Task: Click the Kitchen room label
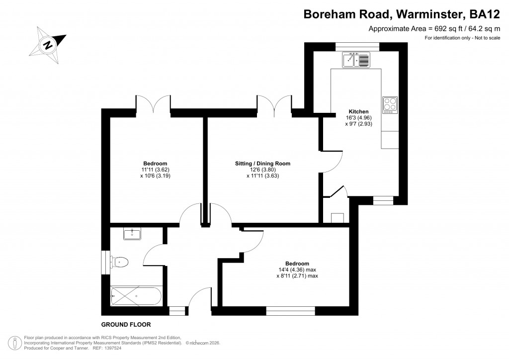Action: pos(358,111)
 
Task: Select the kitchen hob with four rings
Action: pos(390,104)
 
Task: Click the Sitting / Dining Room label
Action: pos(262,163)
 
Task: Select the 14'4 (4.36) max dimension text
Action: pos(297,270)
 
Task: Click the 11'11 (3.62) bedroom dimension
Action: pos(155,170)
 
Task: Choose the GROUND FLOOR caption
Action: pos(126,325)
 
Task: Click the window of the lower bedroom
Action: pos(290,310)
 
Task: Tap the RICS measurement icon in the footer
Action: pos(15,343)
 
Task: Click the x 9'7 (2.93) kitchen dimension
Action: pos(358,124)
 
